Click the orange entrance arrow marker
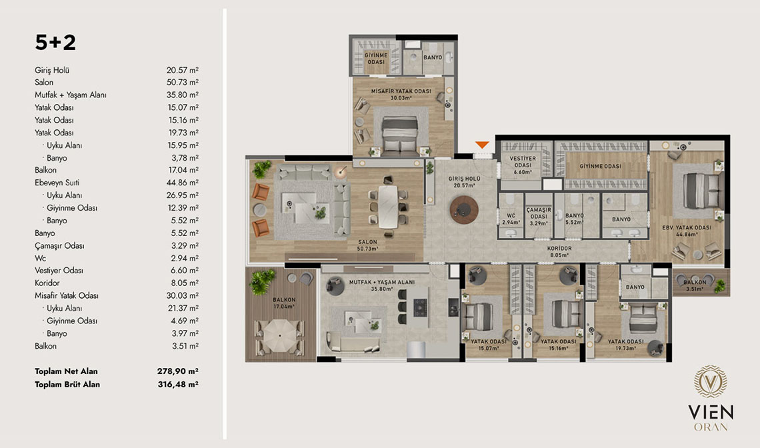(x=482, y=145)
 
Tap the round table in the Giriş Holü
(x=464, y=209)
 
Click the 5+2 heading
(x=55, y=43)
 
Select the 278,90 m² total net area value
(x=177, y=371)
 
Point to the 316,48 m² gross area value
(x=178, y=384)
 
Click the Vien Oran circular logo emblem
(x=711, y=381)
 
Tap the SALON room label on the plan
(x=367, y=242)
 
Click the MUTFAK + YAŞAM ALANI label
(x=382, y=282)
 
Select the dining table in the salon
(x=388, y=207)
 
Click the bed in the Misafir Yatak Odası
(x=399, y=134)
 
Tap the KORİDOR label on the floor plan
(x=559, y=248)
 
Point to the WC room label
(x=511, y=216)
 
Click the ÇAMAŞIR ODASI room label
(x=539, y=213)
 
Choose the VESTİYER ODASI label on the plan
(x=523, y=161)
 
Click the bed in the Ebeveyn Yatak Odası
(x=702, y=191)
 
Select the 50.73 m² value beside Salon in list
(x=182, y=83)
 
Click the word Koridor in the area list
(x=47, y=283)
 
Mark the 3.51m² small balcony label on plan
(x=695, y=289)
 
